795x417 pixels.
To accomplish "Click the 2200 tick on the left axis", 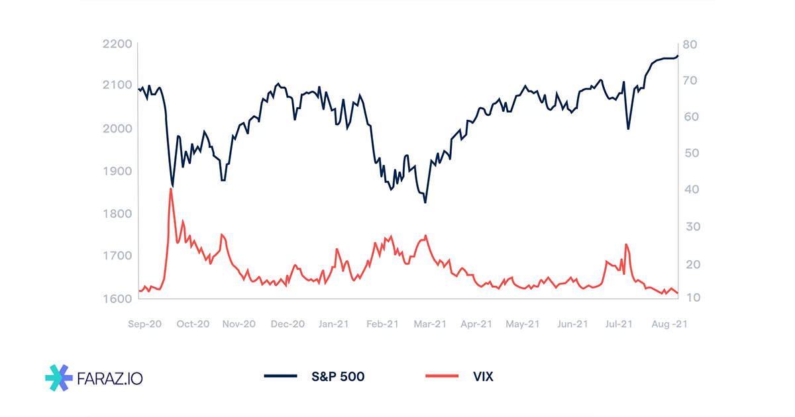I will coord(118,44).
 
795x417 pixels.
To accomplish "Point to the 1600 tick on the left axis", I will coord(118,299).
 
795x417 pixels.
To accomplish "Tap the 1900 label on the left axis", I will coord(118,171).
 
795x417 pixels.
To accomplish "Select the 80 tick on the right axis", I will coord(689,44).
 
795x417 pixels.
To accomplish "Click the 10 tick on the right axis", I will coord(689,299).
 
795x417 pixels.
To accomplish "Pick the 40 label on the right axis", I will coord(689,189).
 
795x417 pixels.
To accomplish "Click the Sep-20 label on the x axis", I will coord(144,324).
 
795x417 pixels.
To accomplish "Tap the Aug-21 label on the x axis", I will coord(669,324).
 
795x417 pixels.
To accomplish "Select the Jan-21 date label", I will coord(334,324).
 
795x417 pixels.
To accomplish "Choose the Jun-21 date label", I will coord(572,324).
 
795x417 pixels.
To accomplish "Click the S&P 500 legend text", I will coord(338,377).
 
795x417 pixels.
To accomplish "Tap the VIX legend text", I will coord(483,377).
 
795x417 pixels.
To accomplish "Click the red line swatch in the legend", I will coord(441,377).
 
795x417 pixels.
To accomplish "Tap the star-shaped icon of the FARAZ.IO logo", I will coord(59,377).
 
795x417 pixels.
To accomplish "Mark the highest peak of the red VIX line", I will coord(171,189).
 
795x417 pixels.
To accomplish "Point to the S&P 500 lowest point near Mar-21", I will coord(425,202).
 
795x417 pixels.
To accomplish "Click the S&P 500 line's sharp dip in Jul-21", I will coord(627,128).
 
